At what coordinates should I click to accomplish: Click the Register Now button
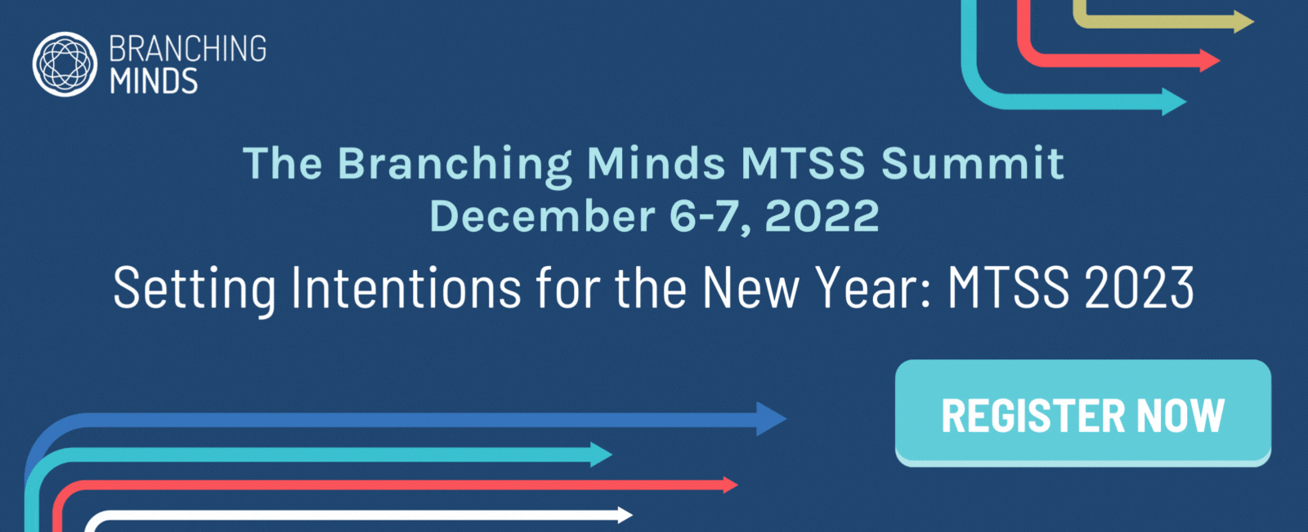(x=1082, y=413)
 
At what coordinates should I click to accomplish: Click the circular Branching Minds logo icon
(x=65, y=65)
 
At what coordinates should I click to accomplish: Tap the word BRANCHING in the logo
(x=187, y=48)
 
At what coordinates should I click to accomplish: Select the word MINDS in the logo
(x=154, y=81)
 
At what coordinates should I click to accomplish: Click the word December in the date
(x=542, y=216)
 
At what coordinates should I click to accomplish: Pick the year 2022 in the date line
(x=822, y=216)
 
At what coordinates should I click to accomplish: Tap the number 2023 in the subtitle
(x=1140, y=287)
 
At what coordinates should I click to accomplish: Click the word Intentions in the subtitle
(x=405, y=287)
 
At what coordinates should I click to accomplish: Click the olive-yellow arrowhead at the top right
(x=1243, y=22)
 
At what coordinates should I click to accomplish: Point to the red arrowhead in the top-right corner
(x=1209, y=61)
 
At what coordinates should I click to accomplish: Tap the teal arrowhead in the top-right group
(x=1174, y=101)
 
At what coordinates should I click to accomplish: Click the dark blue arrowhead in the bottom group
(x=771, y=418)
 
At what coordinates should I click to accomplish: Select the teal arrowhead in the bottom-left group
(x=601, y=454)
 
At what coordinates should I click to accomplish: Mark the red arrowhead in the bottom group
(x=731, y=485)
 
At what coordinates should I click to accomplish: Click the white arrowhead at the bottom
(x=625, y=515)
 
